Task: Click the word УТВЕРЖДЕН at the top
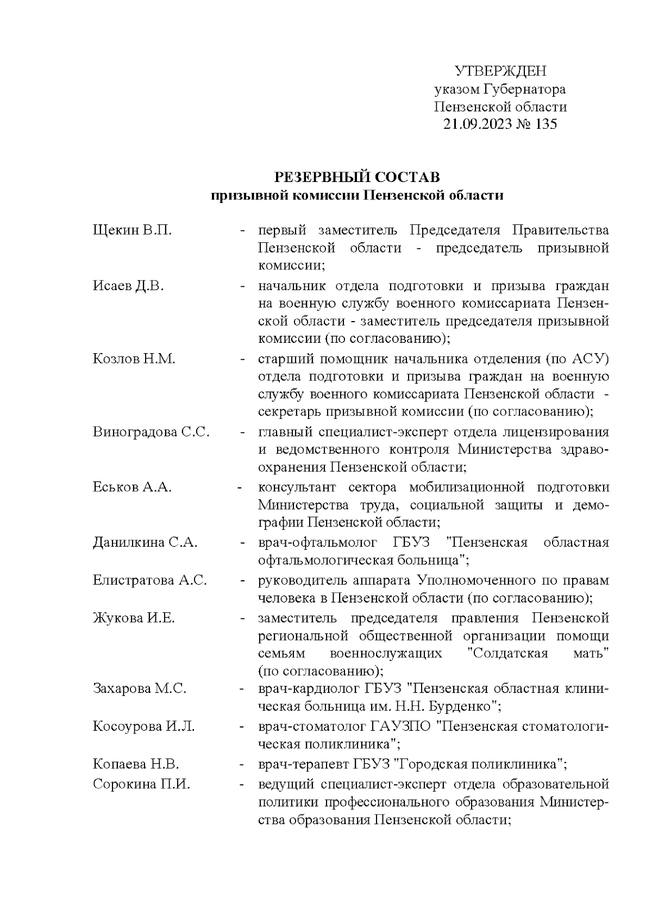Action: (x=500, y=71)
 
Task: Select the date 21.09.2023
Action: (x=478, y=124)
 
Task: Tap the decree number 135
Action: (x=546, y=124)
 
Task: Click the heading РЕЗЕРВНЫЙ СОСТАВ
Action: (x=357, y=177)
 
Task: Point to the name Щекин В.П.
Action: (x=132, y=230)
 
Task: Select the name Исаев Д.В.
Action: (x=128, y=286)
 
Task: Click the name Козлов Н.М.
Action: (x=134, y=359)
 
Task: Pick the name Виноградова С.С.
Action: (x=151, y=432)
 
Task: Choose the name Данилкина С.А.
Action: (x=145, y=542)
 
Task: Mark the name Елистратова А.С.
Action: (x=149, y=580)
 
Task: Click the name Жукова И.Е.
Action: (x=134, y=618)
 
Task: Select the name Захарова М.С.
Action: (x=140, y=689)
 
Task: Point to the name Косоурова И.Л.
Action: (x=143, y=726)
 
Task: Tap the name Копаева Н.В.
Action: (x=136, y=764)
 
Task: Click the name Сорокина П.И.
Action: (x=141, y=785)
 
